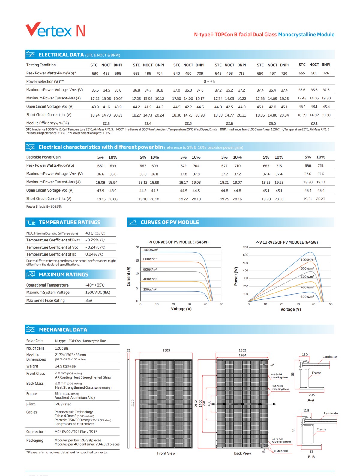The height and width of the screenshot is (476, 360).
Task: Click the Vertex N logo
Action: point(55,30)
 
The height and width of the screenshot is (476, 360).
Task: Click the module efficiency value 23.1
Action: point(314,123)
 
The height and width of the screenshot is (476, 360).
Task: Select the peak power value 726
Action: point(326,73)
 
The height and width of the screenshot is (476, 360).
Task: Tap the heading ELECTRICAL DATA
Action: point(61,55)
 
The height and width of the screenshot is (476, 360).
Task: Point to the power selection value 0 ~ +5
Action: point(209,81)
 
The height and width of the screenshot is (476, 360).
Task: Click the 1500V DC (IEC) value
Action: point(98,292)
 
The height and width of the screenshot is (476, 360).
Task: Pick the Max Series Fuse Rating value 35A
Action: point(89,300)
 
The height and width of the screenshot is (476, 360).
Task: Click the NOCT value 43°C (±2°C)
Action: point(95,233)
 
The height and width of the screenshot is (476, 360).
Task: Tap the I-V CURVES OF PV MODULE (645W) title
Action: point(178,242)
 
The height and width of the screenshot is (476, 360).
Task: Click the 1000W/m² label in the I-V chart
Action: point(151,250)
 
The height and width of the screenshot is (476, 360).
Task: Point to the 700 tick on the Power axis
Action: point(245,247)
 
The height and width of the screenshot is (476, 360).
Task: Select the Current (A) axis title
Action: point(129,276)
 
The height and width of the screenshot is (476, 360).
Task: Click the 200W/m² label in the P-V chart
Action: point(307,296)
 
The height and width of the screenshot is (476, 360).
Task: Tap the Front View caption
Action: point(166,453)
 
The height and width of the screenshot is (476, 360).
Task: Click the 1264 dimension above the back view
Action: point(242,355)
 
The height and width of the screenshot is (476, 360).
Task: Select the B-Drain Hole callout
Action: point(281,451)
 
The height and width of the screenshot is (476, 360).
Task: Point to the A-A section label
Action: point(311,400)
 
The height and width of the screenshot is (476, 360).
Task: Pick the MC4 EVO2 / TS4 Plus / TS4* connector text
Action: point(76,432)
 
